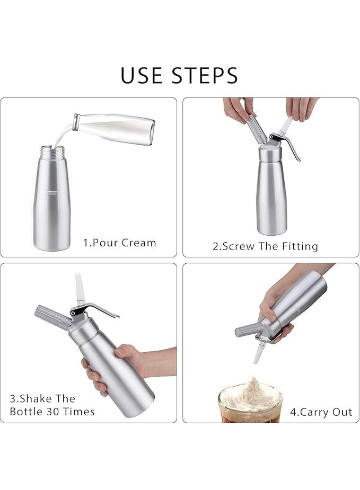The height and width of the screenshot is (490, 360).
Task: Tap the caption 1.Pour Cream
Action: click(x=119, y=243)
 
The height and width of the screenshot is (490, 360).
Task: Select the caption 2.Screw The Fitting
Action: click(x=265, y=246)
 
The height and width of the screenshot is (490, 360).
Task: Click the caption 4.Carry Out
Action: click(x=319, y=412)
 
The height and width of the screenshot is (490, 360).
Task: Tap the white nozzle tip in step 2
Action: click(x=286, y=126)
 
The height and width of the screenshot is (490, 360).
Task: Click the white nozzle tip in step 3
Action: click(x=80, y=288)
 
